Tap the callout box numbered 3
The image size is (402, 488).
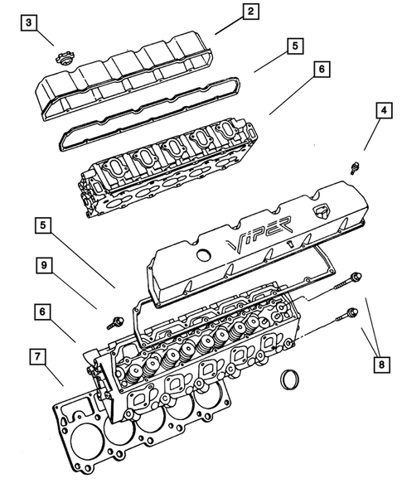click(30, 22)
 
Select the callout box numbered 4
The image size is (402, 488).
click(382, 109)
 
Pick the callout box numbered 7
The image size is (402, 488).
click(37, 357)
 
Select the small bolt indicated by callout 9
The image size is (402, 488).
click(114, 318)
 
